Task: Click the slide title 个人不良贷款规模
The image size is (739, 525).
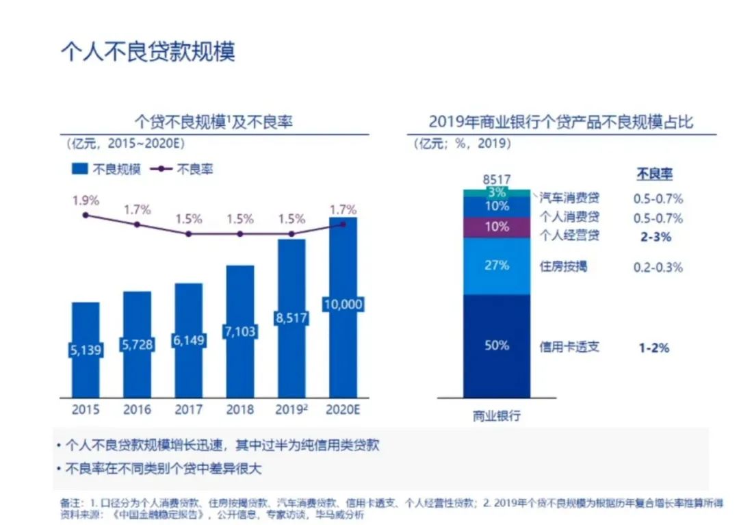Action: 148,53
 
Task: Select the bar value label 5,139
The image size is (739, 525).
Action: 86,350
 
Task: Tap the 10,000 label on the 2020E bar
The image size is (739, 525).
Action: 343,305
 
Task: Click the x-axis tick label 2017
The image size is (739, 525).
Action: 188,410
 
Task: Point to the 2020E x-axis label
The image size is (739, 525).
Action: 343,410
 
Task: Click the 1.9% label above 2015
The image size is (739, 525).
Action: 86,201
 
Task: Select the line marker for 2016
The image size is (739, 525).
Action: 138,225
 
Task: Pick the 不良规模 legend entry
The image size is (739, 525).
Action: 106,169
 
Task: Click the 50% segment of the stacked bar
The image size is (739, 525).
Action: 497,346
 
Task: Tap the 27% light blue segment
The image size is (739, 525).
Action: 497,266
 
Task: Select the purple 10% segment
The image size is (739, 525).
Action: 497,227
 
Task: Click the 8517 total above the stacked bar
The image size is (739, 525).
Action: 497,180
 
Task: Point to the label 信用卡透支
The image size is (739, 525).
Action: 569,346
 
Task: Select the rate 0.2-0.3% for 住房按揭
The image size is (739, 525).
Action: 658,267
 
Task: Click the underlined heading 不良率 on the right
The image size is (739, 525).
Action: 654,175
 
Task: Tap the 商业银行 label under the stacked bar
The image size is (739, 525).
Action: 497,416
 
